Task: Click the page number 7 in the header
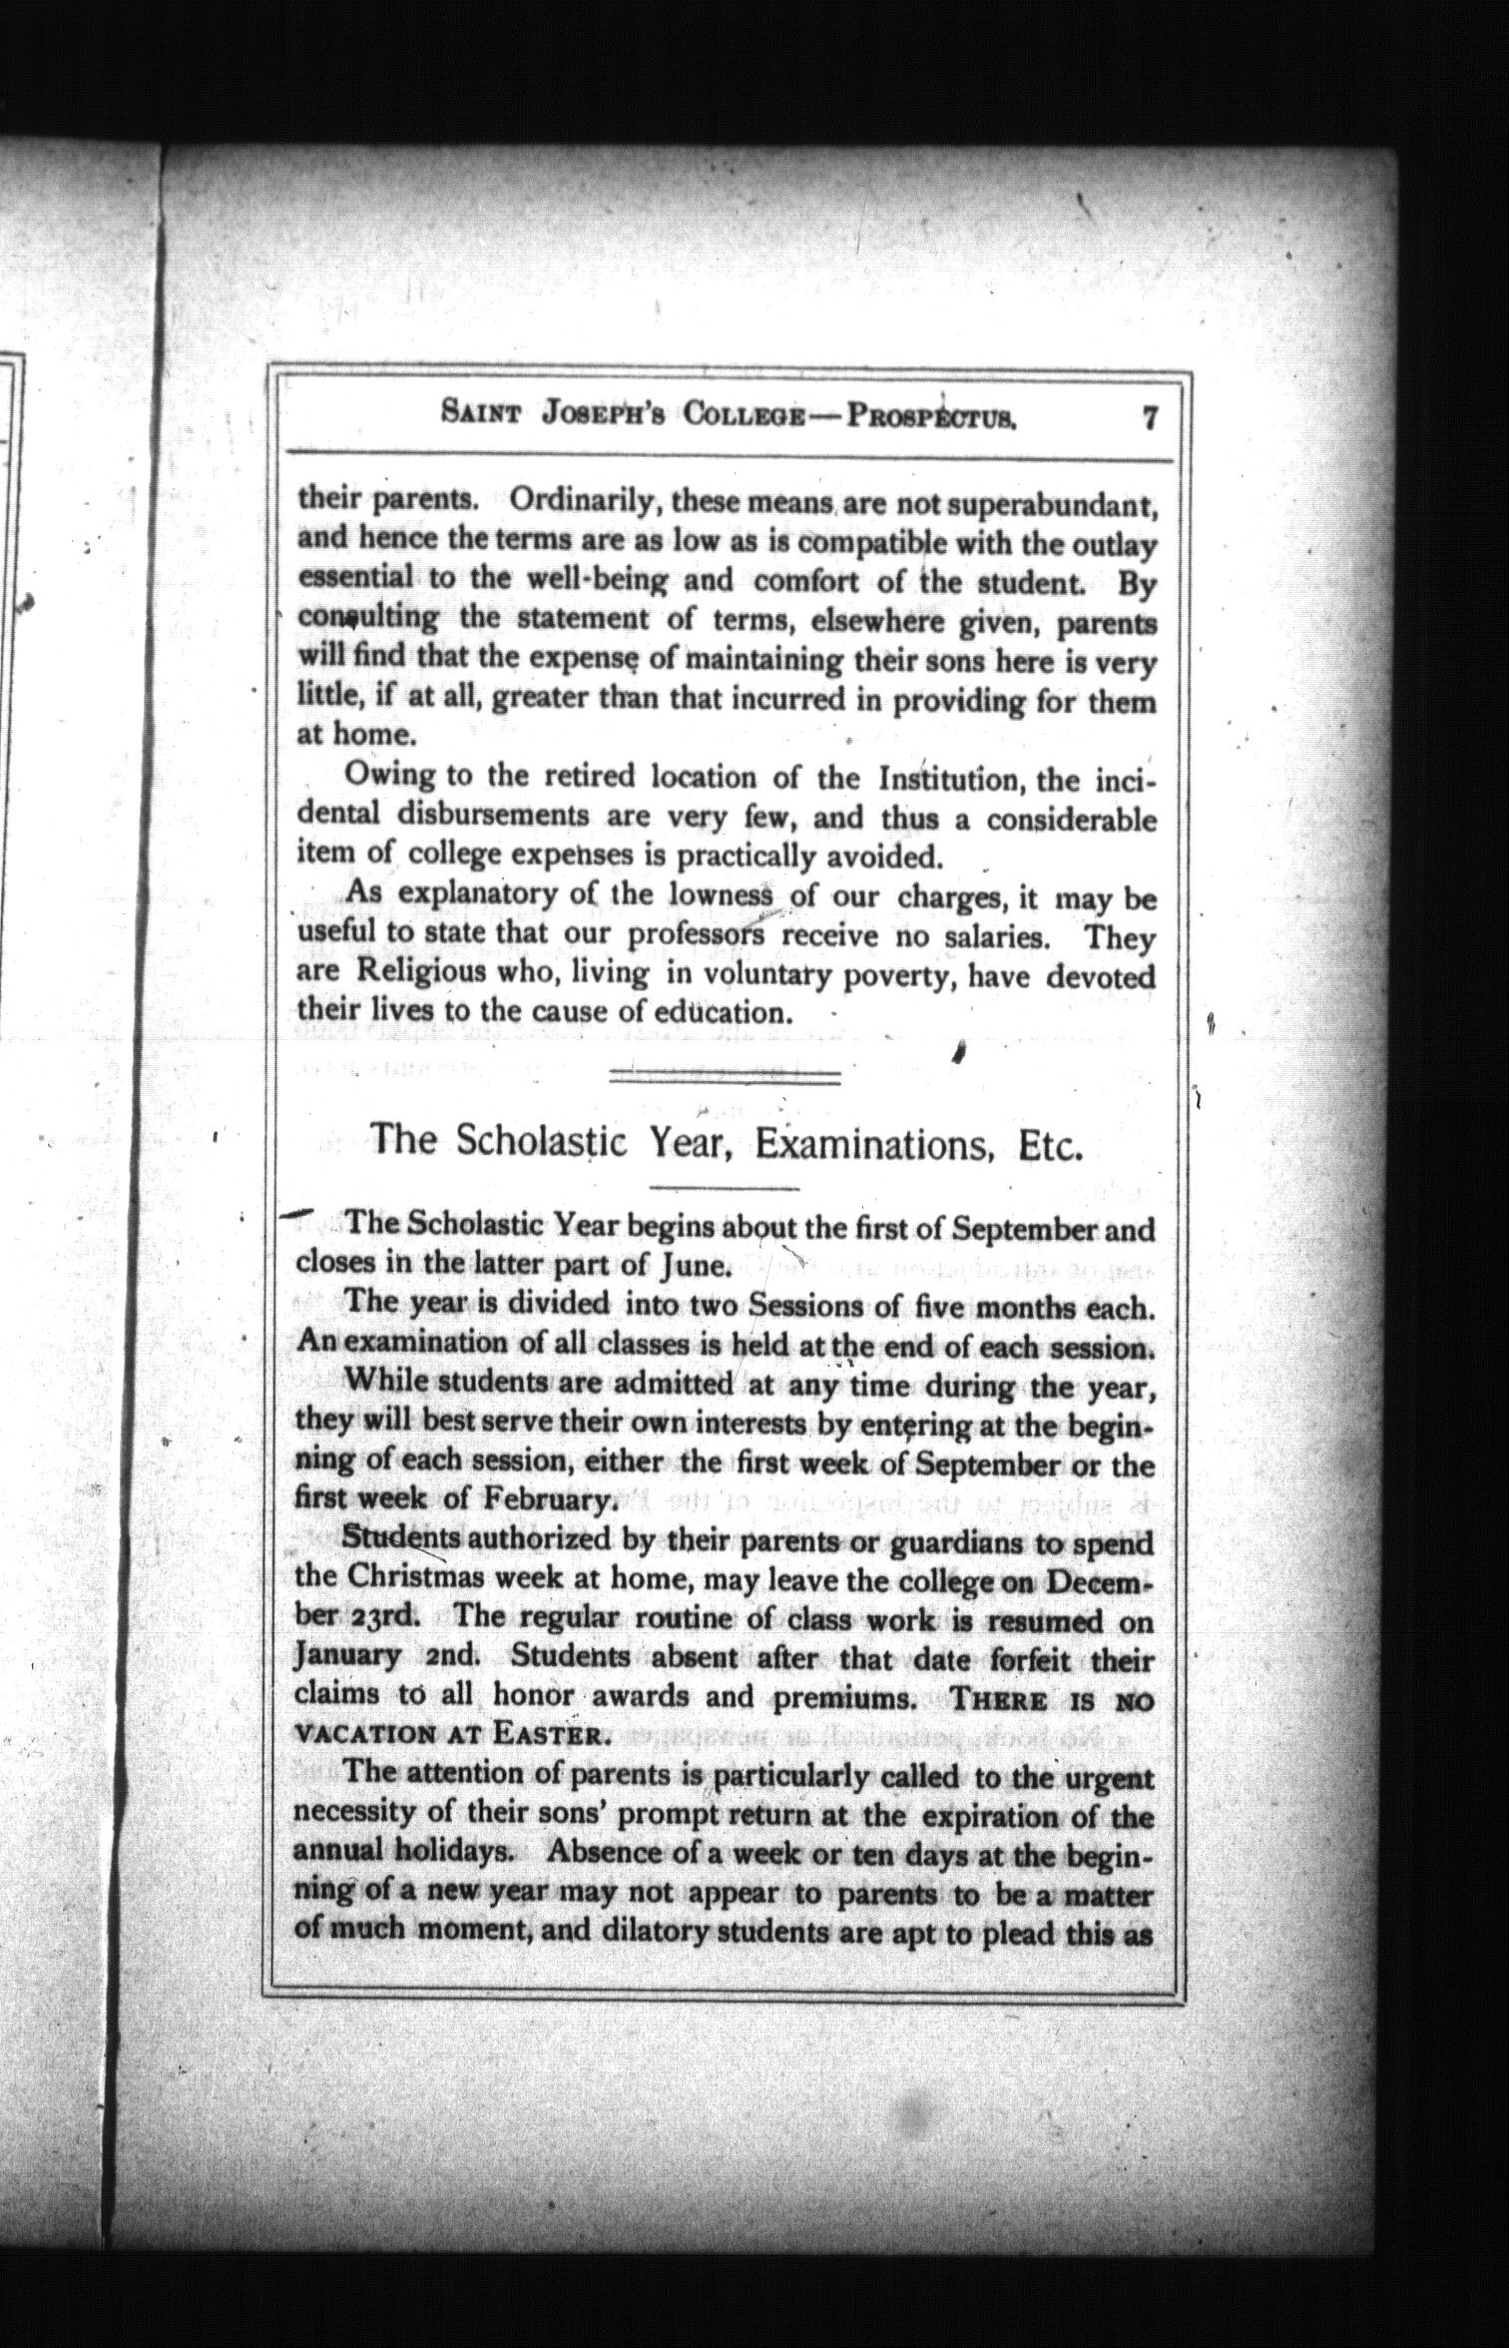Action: [1149, 416]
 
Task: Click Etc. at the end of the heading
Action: [1051, 1143]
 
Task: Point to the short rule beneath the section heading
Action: [725, 1189]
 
